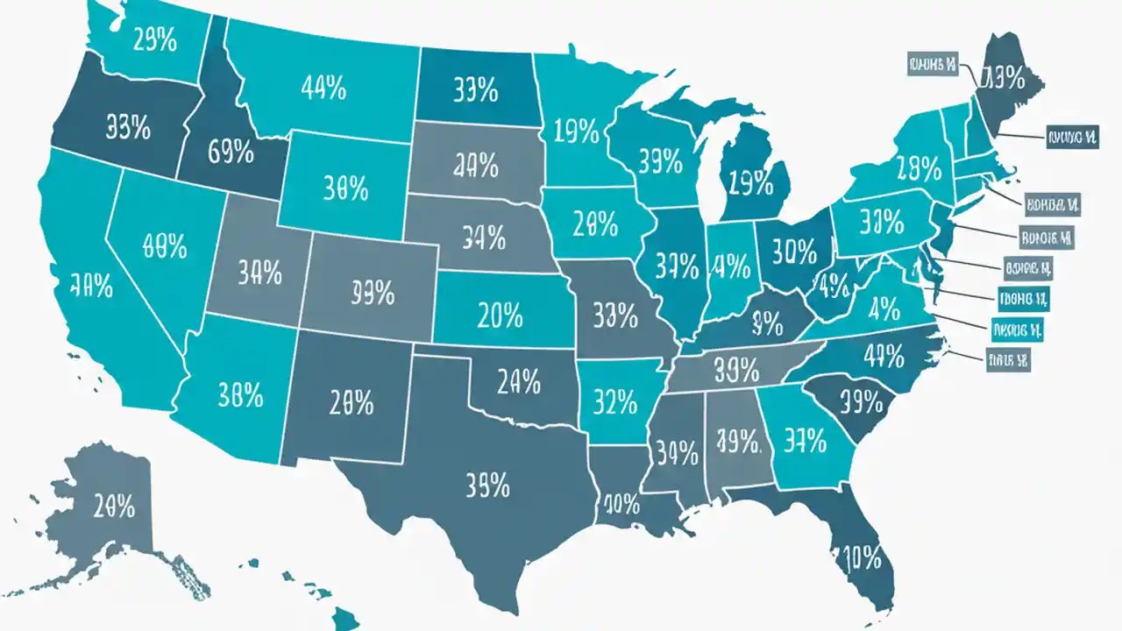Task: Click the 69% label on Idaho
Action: [x=231, y=152]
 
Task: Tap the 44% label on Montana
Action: [x=323, y=88]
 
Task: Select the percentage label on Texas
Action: [x=486, y=483]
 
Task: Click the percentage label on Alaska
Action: [x=114, y=506]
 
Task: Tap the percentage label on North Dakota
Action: [x=475, y=89]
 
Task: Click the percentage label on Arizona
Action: [x=239, y=395]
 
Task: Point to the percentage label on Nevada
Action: [x=164, y=245]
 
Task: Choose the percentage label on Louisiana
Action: [x=621, y=503]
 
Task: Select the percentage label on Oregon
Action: [x=128, y=128]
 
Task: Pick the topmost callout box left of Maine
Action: [x=932, y=63]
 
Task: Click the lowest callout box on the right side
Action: [x=1007, y=359]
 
